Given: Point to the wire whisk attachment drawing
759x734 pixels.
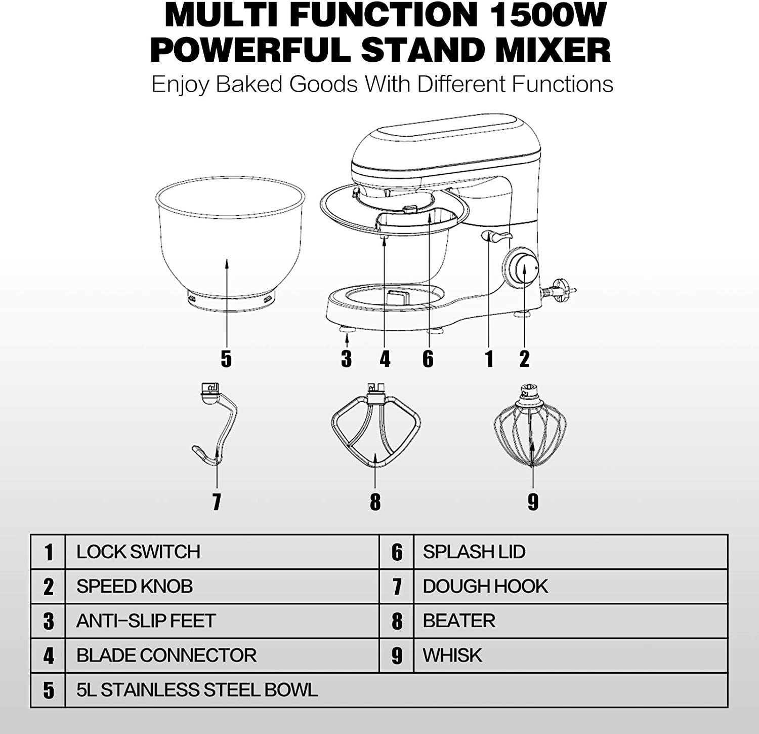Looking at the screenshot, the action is pyautogui.click(x=532, y=428).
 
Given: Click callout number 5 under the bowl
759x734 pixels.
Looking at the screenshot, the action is pyautogui.click(x=226, y=359).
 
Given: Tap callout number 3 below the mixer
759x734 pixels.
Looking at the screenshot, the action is pyautogui.click(x=346, y=359).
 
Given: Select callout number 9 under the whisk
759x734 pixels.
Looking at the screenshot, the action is pyautogui.click(x=533, y=501).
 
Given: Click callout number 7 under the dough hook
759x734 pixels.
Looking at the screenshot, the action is pyautogui.click(x=217, y=501).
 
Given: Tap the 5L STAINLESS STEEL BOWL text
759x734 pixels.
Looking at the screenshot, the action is pyautogui.click(x=197, y=690).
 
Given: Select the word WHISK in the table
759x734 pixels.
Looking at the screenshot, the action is pyautogui.click(x=452, y=655).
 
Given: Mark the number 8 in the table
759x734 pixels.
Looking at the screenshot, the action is pyautogui.click(x=397, y=622).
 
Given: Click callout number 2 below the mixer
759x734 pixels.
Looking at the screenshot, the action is pyautogui.click(x=524, y=359).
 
